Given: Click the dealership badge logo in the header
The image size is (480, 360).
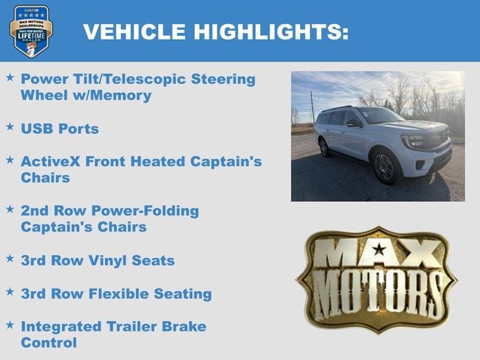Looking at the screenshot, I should coord(31,31).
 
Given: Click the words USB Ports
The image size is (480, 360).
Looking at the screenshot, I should coord(60,129).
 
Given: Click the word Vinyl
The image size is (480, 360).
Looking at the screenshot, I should coord(107,260).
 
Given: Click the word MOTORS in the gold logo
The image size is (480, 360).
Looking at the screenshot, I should coord(376,289).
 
